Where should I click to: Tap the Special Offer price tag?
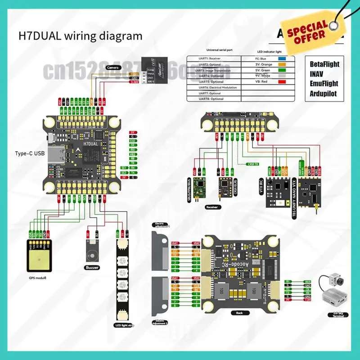(x=308, y=30)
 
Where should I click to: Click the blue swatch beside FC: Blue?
(x=283, y=58)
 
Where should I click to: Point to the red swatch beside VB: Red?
(x=283, y=81)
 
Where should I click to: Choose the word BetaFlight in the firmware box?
(x=324, y=64)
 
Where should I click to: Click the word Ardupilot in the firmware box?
(x=323, y=94)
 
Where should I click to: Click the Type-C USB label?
(x=30, y=154)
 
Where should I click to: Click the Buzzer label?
(x=92, y=267)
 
